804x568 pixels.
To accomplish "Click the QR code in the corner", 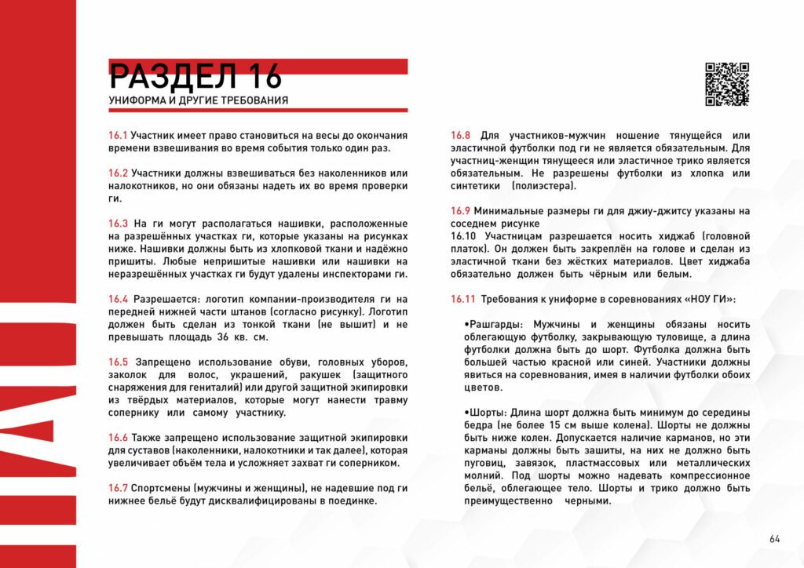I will click(x=726, y=84).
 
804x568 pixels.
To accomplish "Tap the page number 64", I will click(x=775, y=538).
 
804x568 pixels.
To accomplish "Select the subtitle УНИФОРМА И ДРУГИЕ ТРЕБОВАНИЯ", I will click(x=198, y=101).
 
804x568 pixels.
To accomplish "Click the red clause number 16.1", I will click(x=118, y=135).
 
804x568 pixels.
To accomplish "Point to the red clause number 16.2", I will click(x=118, y=173).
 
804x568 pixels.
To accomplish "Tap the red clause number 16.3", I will click(x=118, y=224).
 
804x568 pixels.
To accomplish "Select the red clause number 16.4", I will click(x=118, y=299).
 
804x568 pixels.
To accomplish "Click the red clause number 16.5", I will click(x=118, y=362).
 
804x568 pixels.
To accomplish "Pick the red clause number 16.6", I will click(x=118, y=437).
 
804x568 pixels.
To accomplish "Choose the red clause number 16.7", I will click(x=118, y=488).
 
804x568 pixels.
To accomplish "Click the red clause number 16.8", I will click(x=460, y=135).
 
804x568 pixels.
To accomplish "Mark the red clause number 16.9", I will click(x=460, y=210).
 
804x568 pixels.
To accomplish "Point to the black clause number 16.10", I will click(x=463, y=236).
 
